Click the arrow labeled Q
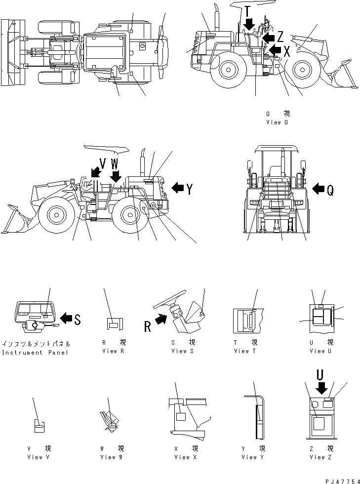point(319,189)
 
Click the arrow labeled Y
point(177,188)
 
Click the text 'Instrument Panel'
point(36,353)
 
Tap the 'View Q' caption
point(277,122)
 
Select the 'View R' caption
point(110,351)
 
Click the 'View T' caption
point(245,351)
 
